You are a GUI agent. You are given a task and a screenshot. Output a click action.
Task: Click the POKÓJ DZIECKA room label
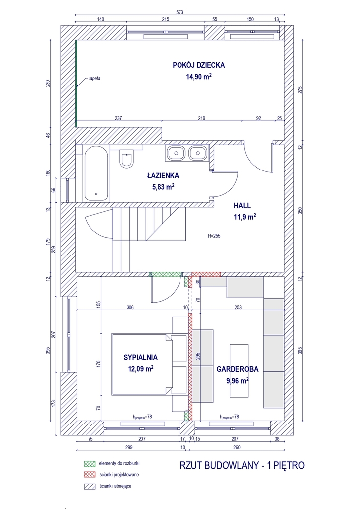pos(199,65)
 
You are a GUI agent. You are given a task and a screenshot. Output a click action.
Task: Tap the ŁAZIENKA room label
pos(163,175)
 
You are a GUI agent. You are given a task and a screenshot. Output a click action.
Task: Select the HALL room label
pos(242,205)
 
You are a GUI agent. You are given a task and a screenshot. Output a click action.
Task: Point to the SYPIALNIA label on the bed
pos(141,357)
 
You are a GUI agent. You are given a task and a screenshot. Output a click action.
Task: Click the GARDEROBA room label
pos(236,370)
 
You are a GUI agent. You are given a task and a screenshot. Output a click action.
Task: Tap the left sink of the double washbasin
pos(176,153)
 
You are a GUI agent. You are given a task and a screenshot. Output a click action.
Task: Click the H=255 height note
pos(215,236)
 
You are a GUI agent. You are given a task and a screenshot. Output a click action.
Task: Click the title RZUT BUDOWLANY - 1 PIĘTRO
pos(241,465)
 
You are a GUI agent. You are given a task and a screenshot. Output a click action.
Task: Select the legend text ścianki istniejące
pos(116,486)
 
